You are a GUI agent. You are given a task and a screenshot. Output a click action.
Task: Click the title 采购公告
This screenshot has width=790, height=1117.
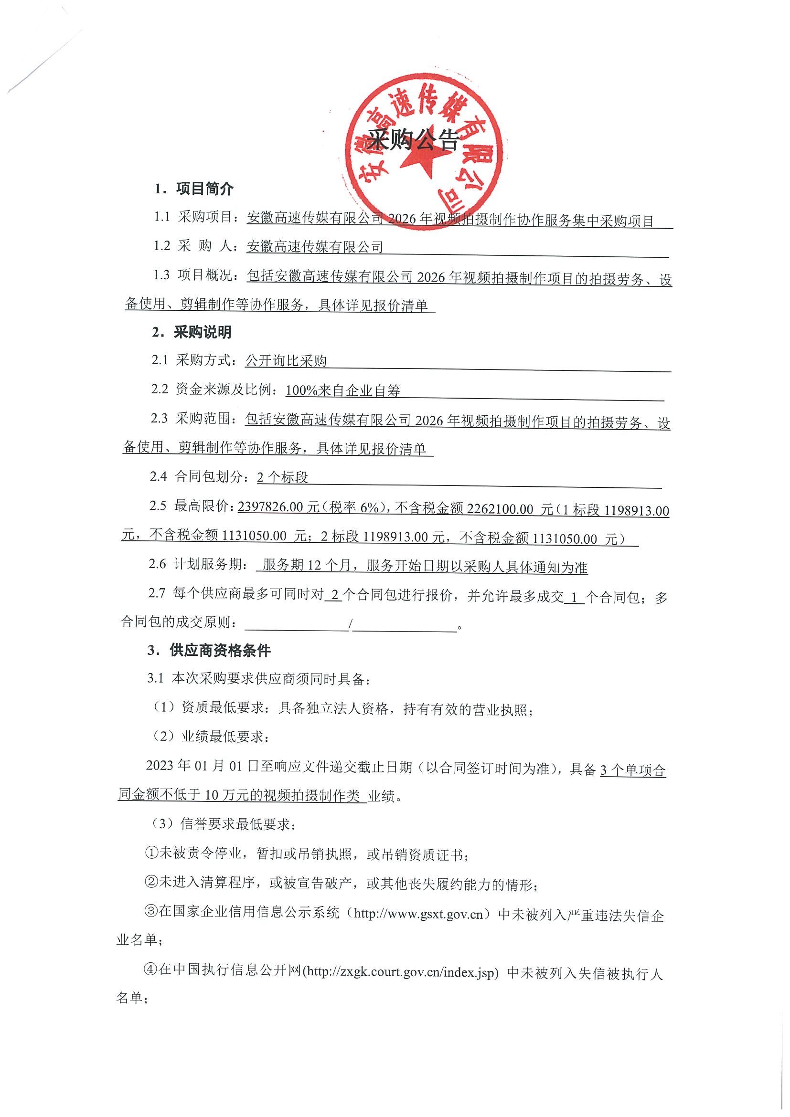[x=413, y=141]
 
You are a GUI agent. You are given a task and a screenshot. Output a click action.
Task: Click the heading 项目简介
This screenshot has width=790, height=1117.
[x=205, y=189]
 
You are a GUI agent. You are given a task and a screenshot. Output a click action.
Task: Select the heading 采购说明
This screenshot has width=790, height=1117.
[x=203, y=332]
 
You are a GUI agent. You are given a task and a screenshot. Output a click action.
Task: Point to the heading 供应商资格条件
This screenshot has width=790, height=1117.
[x=220, y=651]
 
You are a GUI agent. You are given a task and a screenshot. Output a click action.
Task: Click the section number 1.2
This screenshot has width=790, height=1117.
[x=162, y=246]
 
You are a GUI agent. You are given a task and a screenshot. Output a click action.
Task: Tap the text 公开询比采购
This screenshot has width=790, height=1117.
[x=286, y=361]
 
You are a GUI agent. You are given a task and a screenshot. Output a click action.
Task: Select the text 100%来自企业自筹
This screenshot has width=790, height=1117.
[x=342, y=390]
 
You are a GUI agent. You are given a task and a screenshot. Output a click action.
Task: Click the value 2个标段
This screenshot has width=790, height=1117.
[x=282, y=477]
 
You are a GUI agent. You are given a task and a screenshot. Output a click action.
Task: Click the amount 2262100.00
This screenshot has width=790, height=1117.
[x=500, y=509]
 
